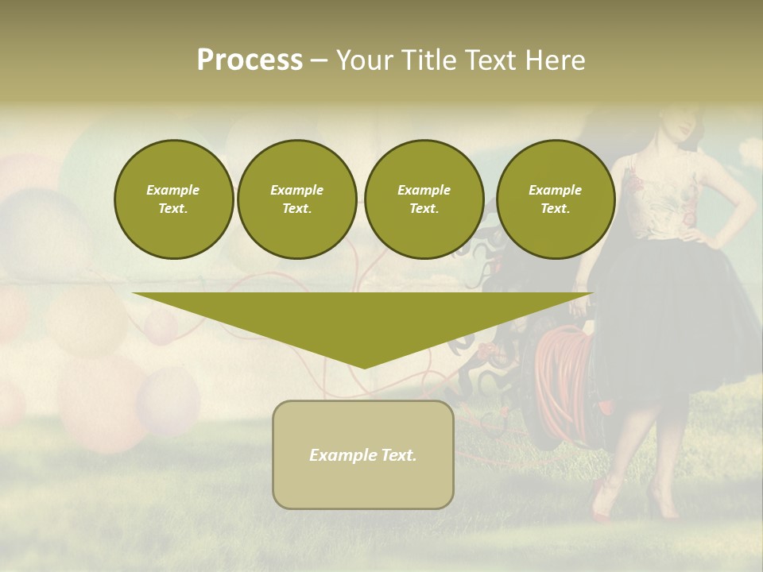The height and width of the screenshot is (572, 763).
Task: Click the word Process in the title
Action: [x=250, y=60]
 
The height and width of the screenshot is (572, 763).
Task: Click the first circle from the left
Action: [x=173, y=199]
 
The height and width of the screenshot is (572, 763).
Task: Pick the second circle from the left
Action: [x=296, y=199]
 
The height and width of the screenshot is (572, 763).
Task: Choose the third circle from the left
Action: [x=424, y=199]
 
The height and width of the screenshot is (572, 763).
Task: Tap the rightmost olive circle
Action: [x=555, y=199]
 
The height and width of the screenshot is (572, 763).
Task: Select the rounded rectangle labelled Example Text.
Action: [x=363, y=454]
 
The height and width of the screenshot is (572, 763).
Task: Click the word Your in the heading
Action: [x=365, y=60]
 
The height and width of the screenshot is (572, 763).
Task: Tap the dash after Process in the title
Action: [x=319, y=60]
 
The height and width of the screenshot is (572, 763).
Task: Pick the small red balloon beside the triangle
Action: [x=160, y=327]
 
